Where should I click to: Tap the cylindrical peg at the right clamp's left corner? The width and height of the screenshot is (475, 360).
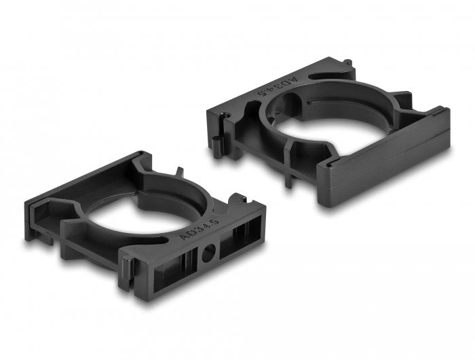tap(216, 144)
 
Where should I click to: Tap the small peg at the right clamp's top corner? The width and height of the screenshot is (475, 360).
tap(348, 64)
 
